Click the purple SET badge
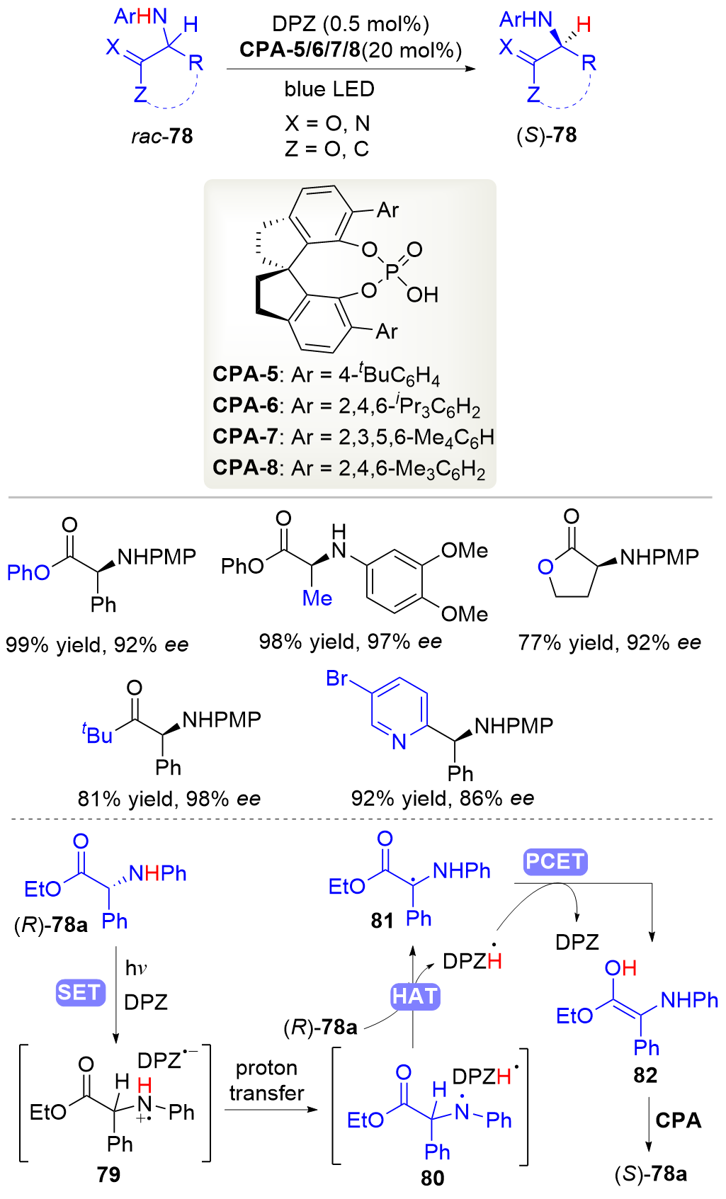coord(79,992)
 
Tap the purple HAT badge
coord(415,996)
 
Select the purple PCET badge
coord(555,861)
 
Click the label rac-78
coord(161,135)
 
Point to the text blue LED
coord(329,89)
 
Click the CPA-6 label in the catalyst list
coord(245,405)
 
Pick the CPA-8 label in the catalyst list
coord(245,467)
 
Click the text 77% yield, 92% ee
coord(609,642)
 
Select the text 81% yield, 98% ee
coord(169,799)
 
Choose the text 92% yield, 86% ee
coord(442,799)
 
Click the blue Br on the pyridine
coord(336,678)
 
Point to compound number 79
coord(108,1174)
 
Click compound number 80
coord(432,1177)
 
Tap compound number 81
coord(382,920)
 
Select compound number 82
coord(645,1075)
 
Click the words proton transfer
coord(266,1080)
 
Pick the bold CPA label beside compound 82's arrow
coord(678,1120)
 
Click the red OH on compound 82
coord(620,967)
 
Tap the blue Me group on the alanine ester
coord(317,598)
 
